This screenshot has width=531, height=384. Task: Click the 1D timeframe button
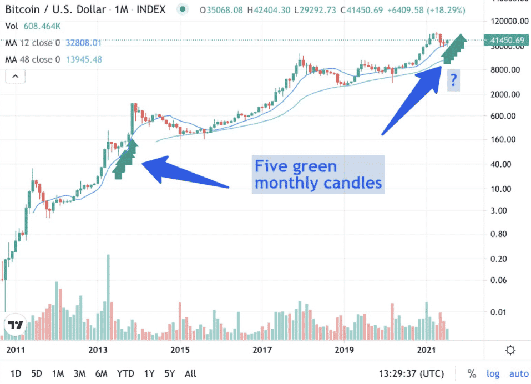pyautogui.click(x=16, y=373)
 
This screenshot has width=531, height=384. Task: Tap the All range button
pyautogui.click(x=190, y=373)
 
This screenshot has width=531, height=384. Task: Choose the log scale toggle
pyautogui.click(x=492, y=373)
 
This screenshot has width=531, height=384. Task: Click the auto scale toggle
pyautogui.click(x=519, y=373)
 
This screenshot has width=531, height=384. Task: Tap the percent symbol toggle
pyautogui.click(x=472, y=373)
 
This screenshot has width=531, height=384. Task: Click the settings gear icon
pyautogui.click(x=510, y=350)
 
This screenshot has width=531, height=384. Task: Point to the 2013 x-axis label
pyautogui.click(x=98, y=350)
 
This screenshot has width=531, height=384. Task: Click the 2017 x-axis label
pyautogui.click(x=262, y=350)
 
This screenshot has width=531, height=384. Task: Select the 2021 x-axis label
pyautogui.click(x=426, y=350)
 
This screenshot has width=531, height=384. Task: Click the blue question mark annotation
pyautogui.click(x=453, y=81)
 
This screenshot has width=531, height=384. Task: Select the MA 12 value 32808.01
pyautogui.click(x=83, y=43)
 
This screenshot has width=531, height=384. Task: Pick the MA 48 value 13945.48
pyautogui.click(x=83, y=59)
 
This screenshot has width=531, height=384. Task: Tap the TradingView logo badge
pyautogui.click(x=14, y=326)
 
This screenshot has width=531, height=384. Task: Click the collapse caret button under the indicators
pyautogui.click(x=15, y=76)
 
